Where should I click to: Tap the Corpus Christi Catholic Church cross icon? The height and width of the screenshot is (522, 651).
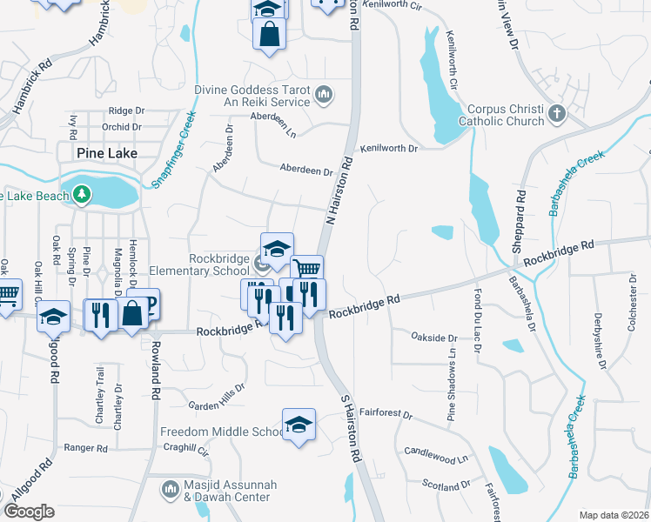557,113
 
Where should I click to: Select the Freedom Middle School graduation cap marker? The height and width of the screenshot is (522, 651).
299,424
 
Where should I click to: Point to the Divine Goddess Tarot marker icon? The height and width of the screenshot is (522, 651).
323,94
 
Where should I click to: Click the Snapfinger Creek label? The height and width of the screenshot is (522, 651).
173,145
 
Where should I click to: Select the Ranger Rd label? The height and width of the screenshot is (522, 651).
85,448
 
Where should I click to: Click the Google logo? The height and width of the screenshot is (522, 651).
30,512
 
